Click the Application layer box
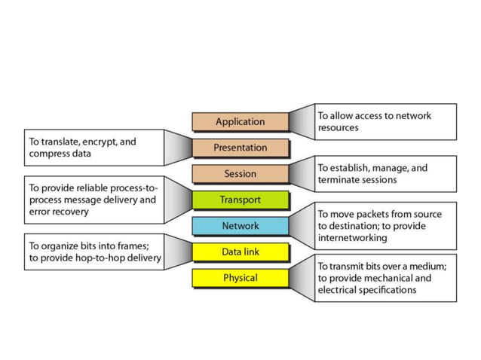pyautogui.click(x=240, y=121)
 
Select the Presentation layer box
pyautogui.click(x=240, y=148)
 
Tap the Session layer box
pyautogui.click(x=240, y=174)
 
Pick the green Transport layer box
pyautogui.click(x=240, y=200)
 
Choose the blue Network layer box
pyautogui.click(x=240, y=226)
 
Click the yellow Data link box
pyautogui.click(x=240, y=252)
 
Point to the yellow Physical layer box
pyautogui.click(x=240, y=278)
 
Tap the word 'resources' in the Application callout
pyautogui.click(x=338, y=128)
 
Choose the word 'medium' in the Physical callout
pyautogui.click(x=427, y=266)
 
